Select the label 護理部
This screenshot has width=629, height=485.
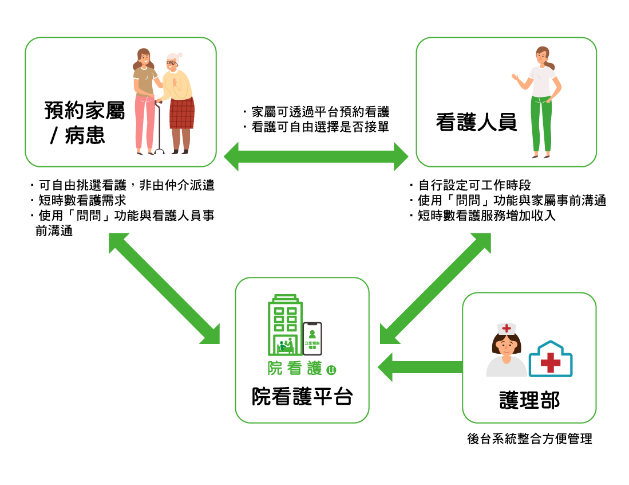[529, 400]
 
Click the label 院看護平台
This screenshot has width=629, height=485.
[302, 397]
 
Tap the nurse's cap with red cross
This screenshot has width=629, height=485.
[507, 328]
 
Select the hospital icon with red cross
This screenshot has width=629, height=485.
[551, 359]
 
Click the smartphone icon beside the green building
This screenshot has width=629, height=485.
[312, 338]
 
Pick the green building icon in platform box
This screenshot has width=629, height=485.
[284, 326]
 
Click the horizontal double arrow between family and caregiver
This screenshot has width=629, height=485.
[316, 156]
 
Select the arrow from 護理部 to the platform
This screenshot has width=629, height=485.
[421, 367]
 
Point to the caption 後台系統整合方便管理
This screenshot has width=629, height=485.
[529, 439]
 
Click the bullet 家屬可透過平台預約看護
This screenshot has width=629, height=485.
[316, 112]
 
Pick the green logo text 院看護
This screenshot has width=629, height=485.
[295, 369]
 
